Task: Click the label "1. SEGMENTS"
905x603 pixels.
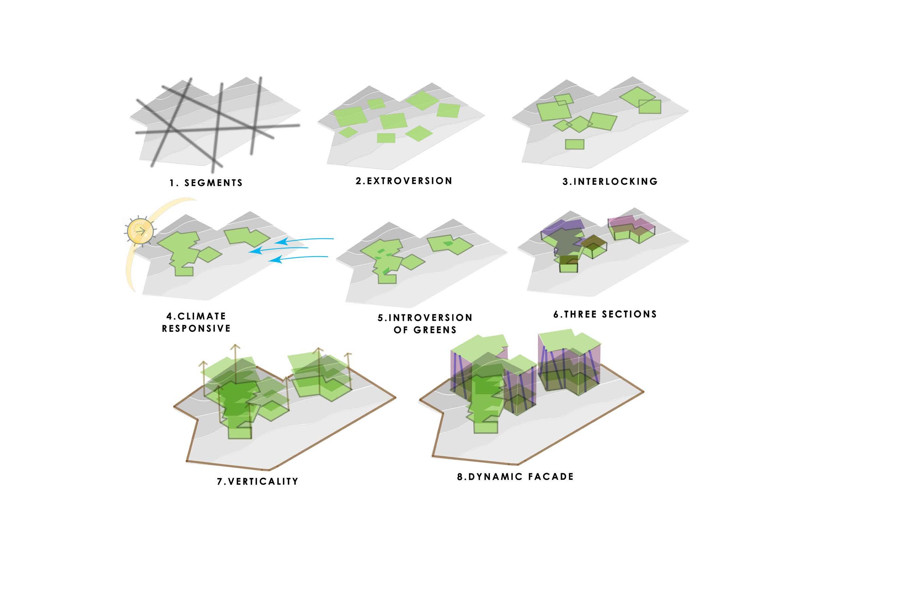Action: [206, 183]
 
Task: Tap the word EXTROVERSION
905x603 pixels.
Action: [409, 181]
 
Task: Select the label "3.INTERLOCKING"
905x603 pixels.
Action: [610, 181]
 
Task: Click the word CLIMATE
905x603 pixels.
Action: [202, 316]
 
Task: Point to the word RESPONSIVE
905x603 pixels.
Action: [196, 328]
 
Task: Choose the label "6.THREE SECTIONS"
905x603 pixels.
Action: [605, 314]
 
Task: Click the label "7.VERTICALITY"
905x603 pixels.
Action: [258, 482]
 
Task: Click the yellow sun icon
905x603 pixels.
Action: [140, 231]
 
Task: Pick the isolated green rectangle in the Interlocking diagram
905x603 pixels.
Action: [574, 144]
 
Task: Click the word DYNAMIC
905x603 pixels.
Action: [495, 477]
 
